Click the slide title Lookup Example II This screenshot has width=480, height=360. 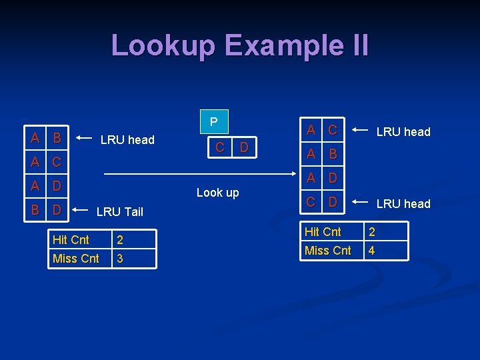coord(239,45)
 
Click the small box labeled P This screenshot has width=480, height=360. coord(213,122)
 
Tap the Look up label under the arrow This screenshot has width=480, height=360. coord(217,193)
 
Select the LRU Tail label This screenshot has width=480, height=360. coord(119,212)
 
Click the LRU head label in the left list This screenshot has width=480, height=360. coord(127,139)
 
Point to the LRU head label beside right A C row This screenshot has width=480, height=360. coord(403,131)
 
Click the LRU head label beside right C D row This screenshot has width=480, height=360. coord(403,203)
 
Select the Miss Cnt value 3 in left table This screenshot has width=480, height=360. coord(120,259)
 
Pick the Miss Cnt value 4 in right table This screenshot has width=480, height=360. coord(372,251)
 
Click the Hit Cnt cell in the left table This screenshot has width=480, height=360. coord(71,240)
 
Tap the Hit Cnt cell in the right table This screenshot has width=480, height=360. coord(323,232)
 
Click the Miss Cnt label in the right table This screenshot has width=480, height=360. coord(327,251)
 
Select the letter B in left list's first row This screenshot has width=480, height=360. coord(57,139)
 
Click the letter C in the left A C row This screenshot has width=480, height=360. coord(57,162)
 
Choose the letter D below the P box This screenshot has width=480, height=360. coord(244,147)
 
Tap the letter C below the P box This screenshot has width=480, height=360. coord(219,147)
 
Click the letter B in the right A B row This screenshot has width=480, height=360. coord(332,155)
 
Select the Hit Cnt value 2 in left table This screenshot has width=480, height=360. coord(120,240)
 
